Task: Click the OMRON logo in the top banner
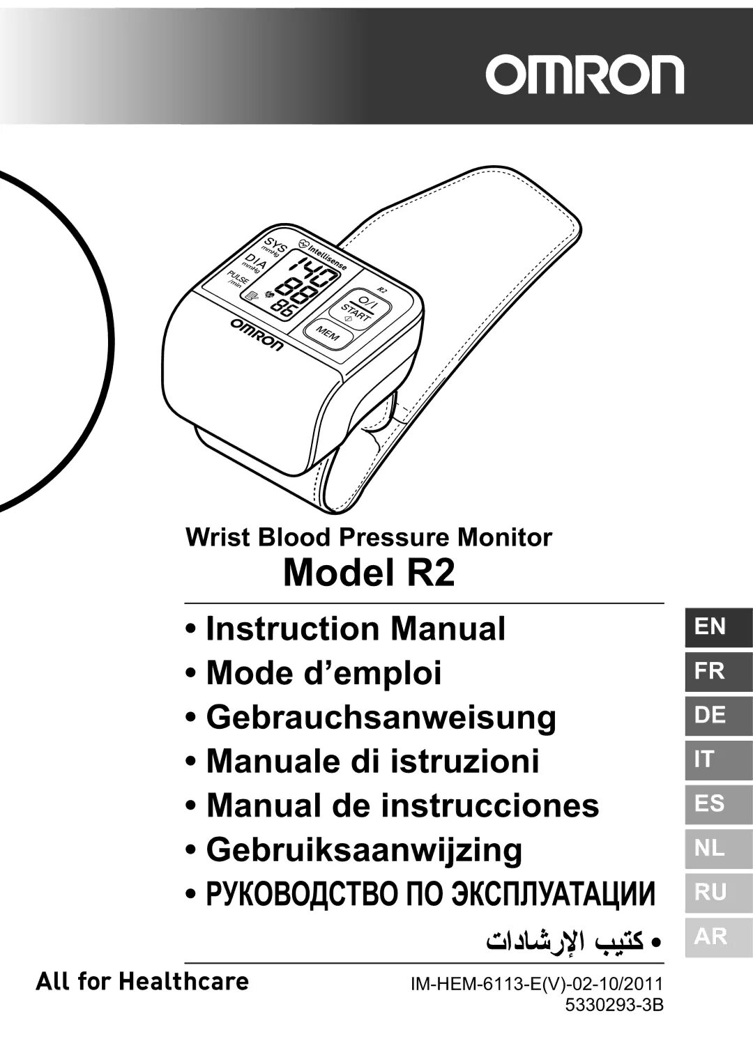click(584, 75)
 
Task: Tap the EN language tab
click(717, 627)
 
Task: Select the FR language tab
click(717, 671)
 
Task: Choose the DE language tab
click(717, 715)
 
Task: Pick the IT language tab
click(717, 759)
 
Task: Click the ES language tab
click(717, 803)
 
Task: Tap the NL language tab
click(717, 848)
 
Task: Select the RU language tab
click(717, 892)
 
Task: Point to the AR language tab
click(717, 936)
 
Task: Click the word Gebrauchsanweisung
click(381, 717)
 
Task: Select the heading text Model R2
click(369, 573)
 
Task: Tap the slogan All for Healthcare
click(142, 982)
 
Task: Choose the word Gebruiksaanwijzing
click(364, 849)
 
